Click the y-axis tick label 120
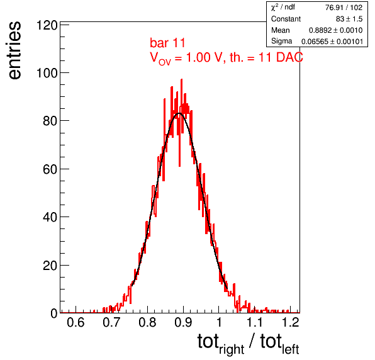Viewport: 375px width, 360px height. point(47,25)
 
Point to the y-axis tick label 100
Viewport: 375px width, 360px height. point(47,73)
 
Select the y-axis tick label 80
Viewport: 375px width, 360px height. point(50,121)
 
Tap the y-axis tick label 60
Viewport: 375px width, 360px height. point(50,169)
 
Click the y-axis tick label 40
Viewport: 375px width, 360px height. point(50,217)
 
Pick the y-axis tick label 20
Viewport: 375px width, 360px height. point(50,266)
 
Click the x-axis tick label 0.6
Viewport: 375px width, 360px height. point(76,322)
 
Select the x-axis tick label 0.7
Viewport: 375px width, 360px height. point(111,322)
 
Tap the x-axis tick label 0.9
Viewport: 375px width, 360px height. point(183,322)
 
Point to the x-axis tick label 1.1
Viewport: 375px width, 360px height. point(254,322)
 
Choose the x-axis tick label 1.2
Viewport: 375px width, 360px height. point(291,322)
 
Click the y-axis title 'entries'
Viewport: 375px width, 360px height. point(15,50)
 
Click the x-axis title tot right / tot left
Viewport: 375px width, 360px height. point(249,344)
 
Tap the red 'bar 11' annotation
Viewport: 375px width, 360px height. point(167,43)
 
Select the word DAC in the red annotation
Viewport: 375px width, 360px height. point(289,57)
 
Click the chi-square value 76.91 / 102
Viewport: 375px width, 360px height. point(344,8)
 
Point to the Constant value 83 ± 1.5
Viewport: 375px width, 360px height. point(349,19)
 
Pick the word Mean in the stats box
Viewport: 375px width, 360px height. point(280,30)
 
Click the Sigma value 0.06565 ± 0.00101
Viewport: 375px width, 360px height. point(332,42)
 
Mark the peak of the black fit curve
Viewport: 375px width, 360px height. point(179,113)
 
